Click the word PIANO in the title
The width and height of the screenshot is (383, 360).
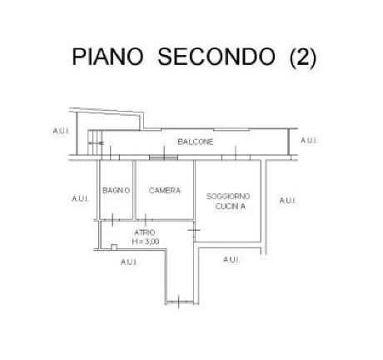(x=107, y=57)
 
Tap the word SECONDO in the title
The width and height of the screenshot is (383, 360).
(x=216, y=57)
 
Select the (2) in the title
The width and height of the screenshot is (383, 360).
(x=303, y=57)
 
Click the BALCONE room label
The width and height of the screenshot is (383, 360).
(x=196, y=142)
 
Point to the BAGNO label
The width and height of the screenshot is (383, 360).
(x=116, y=191)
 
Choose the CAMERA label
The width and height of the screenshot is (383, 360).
(x=165, y=191)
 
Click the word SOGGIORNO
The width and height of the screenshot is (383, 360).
(x=228, y=197)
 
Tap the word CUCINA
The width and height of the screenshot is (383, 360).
(x=231, y=207)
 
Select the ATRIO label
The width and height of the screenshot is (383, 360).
(x=145, y=232)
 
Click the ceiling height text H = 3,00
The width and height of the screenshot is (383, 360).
(x=146, y=242)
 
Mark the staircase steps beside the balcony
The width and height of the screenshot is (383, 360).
(x=95, y=142)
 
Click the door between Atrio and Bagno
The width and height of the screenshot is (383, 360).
(x=112, y=220)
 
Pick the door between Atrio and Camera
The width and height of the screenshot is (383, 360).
(x=146, y=220)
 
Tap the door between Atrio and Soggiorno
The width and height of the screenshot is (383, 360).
(x=194, y=230)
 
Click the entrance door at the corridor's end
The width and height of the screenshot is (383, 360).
(x=178, y=302)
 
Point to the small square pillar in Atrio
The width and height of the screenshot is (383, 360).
(x=114, y=247)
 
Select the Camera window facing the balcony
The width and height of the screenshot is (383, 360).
(x=163, y=157)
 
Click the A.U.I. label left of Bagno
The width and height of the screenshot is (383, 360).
(x=80, y=199)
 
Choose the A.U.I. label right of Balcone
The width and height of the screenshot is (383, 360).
(x=309, y=141)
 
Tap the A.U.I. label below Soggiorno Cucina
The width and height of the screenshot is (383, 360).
(x=231, y=260)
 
